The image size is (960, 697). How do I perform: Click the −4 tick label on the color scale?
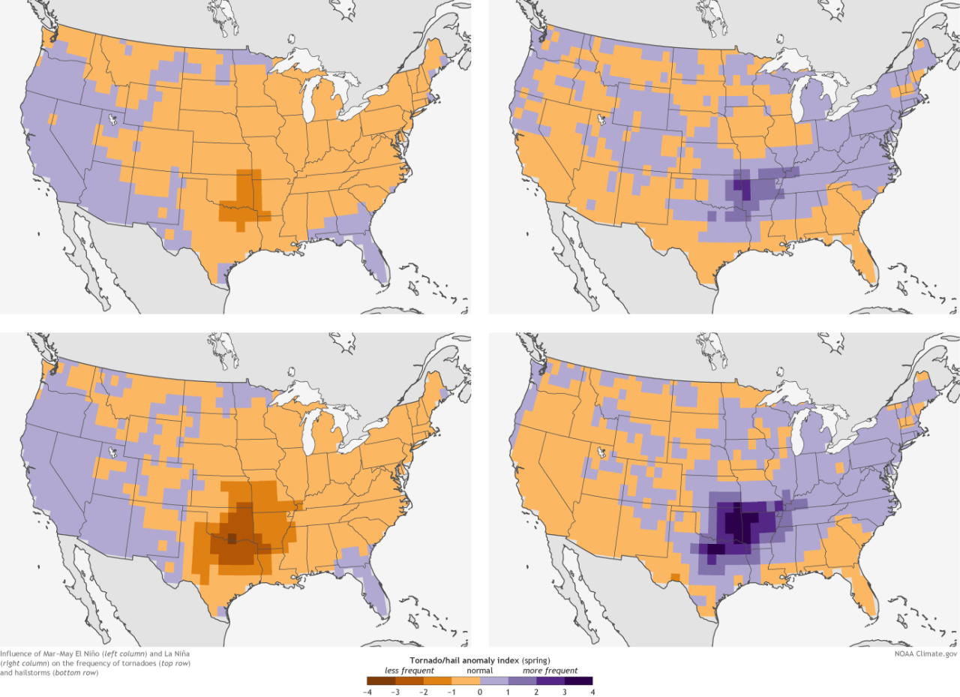point(367,692)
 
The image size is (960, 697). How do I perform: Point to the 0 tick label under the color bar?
point(480,692)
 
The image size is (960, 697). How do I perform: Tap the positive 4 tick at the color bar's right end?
point(592,692)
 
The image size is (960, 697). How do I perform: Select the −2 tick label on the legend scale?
point(424,692)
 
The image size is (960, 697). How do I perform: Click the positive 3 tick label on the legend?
point(565,692)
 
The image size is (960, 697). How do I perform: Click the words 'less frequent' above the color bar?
point(405,670)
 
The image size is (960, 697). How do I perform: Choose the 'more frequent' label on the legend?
point(550,670)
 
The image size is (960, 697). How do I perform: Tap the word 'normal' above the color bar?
point(479,670)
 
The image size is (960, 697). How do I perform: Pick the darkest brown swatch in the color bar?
point(381,681)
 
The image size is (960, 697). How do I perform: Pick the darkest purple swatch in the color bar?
point(578,681)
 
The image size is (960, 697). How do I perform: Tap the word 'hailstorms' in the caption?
point(34,672)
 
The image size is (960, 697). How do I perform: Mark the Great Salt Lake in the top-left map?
point(111,119)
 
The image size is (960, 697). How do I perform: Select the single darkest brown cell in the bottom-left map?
point(231,537)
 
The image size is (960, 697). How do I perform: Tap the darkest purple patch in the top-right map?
point(741,187)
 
